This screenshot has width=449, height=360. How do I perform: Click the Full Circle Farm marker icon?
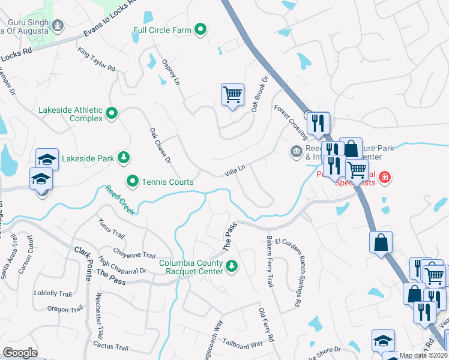(201, 29)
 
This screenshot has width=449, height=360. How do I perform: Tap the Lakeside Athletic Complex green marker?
(112, 113)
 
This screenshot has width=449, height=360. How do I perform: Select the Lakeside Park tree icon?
(124, 158)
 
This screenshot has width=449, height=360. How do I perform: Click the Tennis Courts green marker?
(133, 181)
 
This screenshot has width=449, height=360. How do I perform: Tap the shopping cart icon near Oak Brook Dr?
(232, 94)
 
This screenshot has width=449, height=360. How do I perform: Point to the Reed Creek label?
(119, 200)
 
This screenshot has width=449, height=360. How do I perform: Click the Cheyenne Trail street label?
(135, 254)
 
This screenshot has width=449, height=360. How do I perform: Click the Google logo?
(20, 353)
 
